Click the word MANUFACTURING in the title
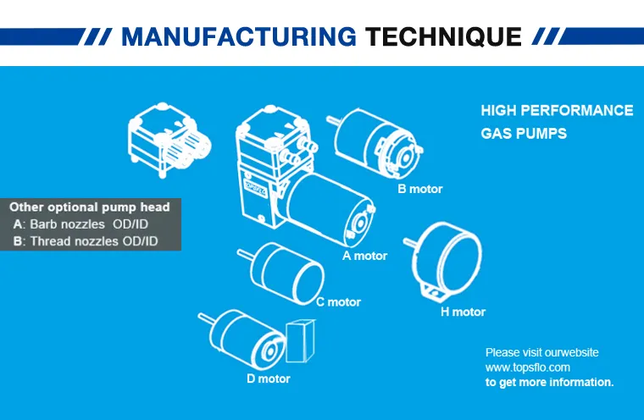239,36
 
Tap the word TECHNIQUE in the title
443,37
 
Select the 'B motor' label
420,189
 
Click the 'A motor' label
364,256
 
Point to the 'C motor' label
338,302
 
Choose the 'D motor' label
269,379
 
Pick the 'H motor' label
463,312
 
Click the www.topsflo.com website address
527,367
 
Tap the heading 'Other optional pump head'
90,207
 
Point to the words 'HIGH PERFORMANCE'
557,110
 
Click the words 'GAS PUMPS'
524,134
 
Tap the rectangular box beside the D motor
301,340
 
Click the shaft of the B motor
333,120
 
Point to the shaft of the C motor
245,254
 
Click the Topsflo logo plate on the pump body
255,189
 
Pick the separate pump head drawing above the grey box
169,140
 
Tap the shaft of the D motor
205,318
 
